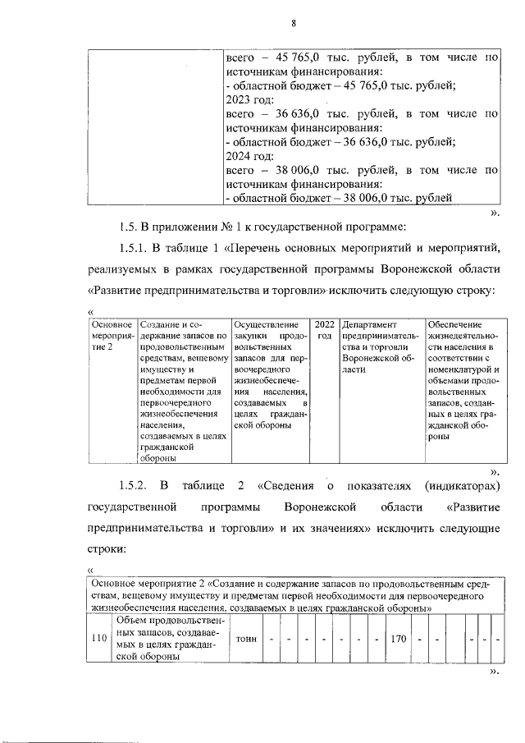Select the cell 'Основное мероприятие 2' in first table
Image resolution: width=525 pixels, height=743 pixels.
[x=112, y=337]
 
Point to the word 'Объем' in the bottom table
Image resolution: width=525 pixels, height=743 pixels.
[x=135, y=621]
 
